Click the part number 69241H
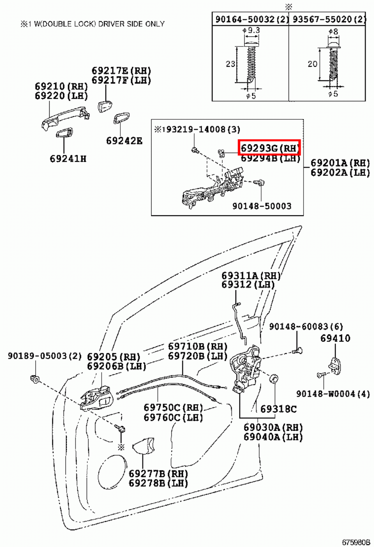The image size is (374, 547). [68, 159]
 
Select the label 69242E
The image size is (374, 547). [124, 141]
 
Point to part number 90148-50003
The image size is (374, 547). [262, 206]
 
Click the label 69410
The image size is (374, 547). [335, 338]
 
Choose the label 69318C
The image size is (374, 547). [278, 409]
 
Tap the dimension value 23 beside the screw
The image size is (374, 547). [230, 64]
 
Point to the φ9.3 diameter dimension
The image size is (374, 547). [251, 30]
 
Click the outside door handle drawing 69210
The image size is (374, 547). [65, 118]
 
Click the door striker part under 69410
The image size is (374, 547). [334, 366]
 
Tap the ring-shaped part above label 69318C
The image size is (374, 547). [274, 379]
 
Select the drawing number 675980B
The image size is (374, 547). [356, 542]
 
